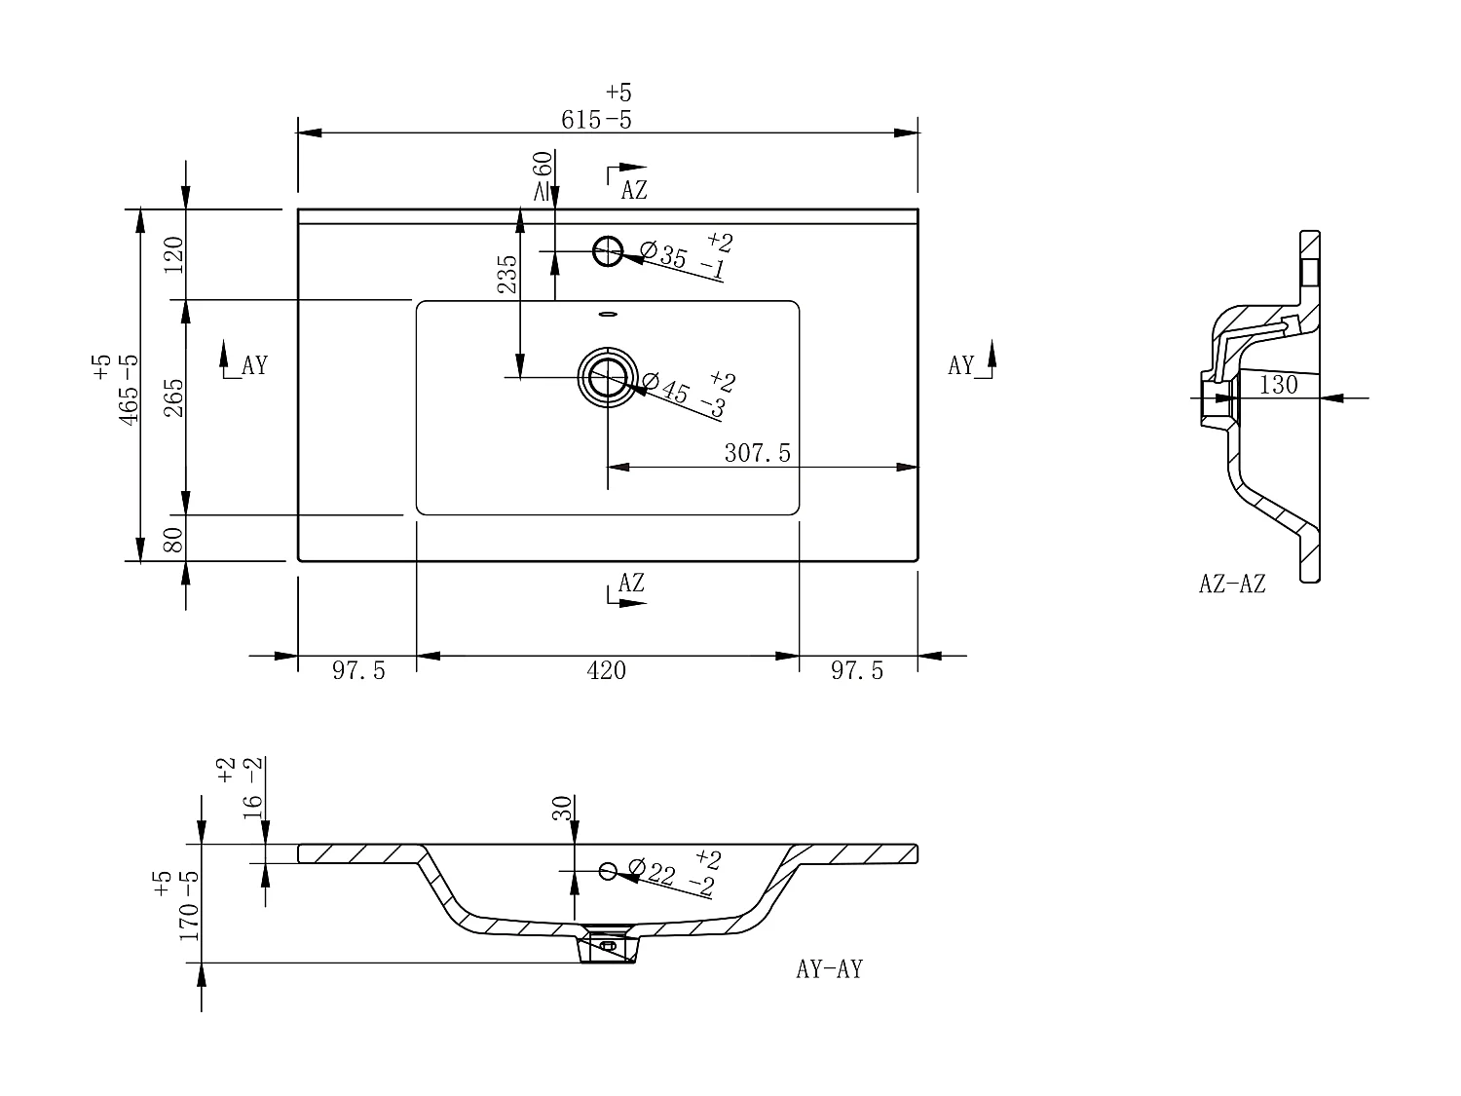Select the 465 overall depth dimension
129,390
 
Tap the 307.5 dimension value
758,453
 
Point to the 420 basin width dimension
607,670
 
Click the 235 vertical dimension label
507,274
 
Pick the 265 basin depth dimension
173,397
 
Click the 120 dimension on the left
173,254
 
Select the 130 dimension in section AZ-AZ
1279,385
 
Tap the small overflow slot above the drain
608,314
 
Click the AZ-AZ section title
1232,584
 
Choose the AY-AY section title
829,969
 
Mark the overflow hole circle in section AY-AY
608,870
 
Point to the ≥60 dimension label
543,175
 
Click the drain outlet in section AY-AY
608,944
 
